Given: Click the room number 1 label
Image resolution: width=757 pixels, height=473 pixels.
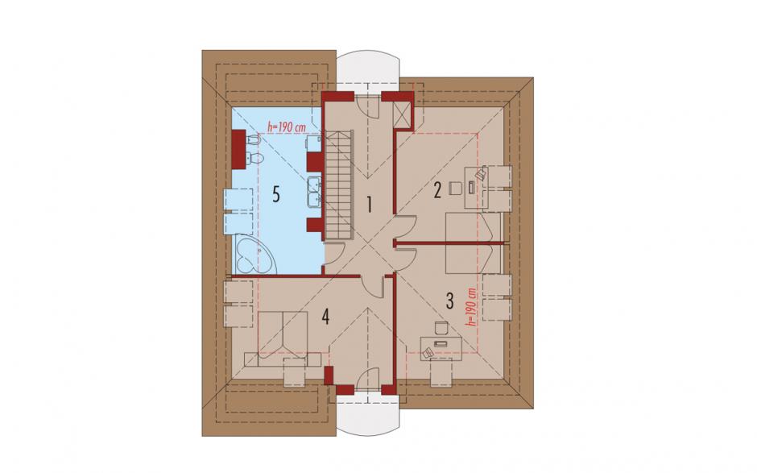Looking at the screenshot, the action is tap(370, 205).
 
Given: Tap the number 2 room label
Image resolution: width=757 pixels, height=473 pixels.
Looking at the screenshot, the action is tap(437, 190).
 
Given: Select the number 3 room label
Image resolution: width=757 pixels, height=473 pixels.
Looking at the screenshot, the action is tap(449, 301).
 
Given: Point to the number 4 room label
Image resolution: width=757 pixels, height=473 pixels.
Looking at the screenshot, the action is tap(326, 317).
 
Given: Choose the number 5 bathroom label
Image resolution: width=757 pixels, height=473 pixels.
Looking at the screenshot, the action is tap(275, 194).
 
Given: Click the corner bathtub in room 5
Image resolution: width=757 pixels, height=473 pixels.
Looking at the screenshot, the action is tap(254, 254).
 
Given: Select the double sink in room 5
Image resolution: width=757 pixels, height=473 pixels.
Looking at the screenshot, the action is tap(315, 190).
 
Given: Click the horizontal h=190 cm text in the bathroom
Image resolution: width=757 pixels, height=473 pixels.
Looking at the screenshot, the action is tap(287, 127).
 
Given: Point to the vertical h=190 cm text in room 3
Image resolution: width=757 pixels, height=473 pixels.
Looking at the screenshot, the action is tap(472, 307).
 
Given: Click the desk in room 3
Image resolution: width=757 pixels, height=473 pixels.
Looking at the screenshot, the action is tap(441, 347).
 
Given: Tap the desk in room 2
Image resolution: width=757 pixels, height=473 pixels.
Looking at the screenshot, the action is tap(476, 188).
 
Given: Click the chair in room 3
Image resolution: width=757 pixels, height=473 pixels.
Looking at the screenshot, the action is tap(441, 328).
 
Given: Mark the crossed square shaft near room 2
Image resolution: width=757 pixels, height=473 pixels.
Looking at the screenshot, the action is tap(402, 115).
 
